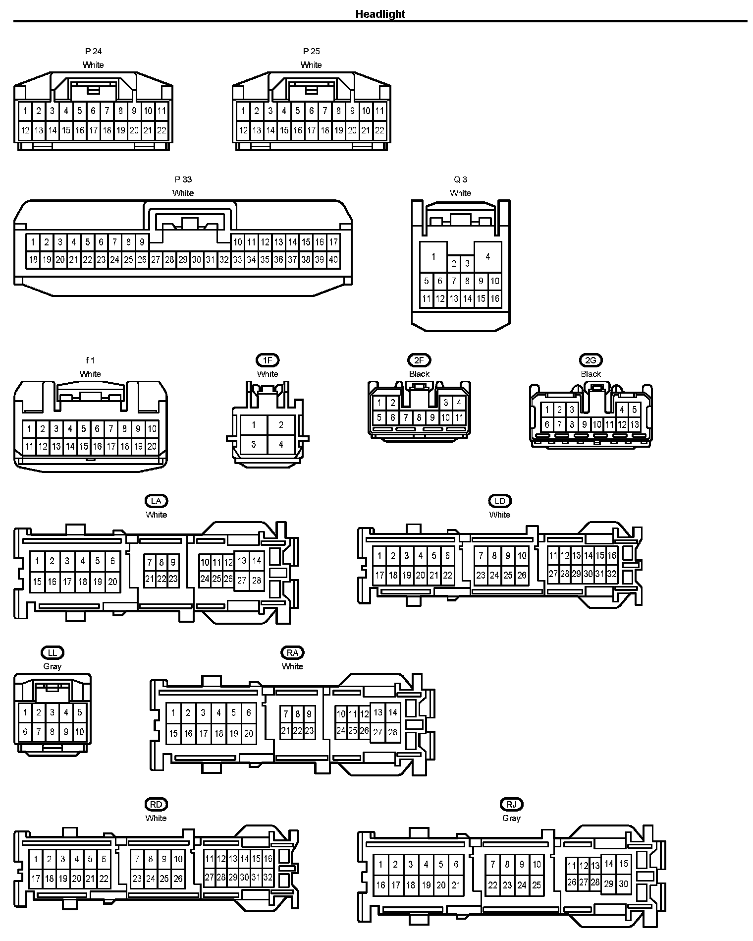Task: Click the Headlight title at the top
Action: (x=380, y=14)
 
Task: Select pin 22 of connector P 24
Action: (x=161, y=131)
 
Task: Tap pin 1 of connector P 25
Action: (x=243, y=111)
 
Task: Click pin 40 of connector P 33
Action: (x=333, y=259)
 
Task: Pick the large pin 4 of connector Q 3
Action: (x=488, y=256)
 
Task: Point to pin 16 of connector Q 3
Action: (x=495, y=299)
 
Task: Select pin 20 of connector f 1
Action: (x=152, y=446)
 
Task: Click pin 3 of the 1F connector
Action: (x=254, y=444)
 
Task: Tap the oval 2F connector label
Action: (x=419, y=360)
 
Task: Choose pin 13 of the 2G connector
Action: (x=635, y=424)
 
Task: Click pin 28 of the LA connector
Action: (x=257, y=581)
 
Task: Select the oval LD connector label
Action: (x=499, y=501)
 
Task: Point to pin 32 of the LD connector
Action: (x=612, y=574)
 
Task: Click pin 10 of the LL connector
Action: (x=79, y=732)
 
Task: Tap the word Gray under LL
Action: (x=52, y=666)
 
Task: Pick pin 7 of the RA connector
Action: (x=286, y=714)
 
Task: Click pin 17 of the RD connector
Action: (x=36, y=879)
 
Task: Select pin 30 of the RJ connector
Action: (x=624, y=884)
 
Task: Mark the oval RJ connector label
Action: (x=512, y=804)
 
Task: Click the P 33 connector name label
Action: (x=183, y=179)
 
